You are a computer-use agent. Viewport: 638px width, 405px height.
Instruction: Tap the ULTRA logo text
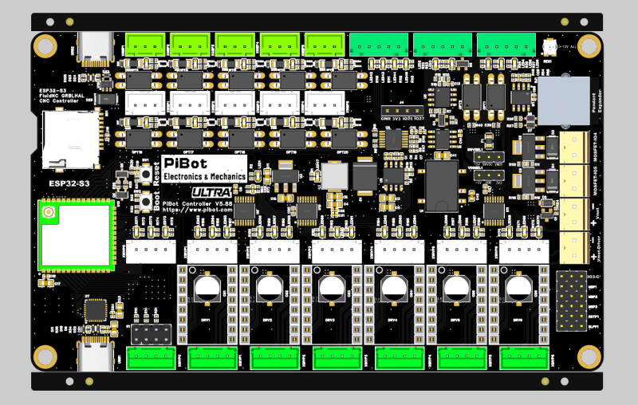(x=211, y=192)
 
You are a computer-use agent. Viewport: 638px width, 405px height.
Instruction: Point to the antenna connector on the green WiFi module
(x=49, y=213)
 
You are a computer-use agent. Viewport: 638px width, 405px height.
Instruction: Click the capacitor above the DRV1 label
(x=208, y=287)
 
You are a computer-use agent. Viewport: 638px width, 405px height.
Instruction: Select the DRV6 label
(x=517, y=320)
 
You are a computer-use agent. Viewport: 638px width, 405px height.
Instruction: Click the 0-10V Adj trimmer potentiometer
(x=549, y=47)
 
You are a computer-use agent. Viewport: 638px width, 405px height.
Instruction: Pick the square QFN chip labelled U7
(x=96, y=309)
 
